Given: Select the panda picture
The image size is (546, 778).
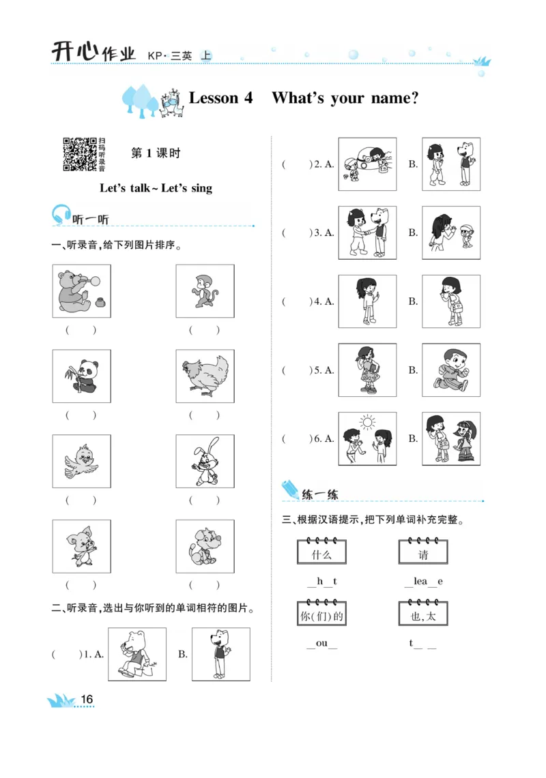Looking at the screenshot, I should pos(82,376).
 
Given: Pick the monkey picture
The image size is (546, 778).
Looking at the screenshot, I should pos(205,291).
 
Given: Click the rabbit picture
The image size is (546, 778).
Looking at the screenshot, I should pos(205,461).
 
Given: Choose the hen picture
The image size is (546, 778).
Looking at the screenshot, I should pos(205,376).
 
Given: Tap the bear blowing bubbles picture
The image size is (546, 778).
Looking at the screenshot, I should pos(82,291).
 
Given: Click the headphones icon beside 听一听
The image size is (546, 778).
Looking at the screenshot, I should pos(61,215).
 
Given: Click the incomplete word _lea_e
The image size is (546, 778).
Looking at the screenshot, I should pos(423,582).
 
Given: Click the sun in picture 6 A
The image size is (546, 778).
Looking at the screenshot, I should pos(368,423).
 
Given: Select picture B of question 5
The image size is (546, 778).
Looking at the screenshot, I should pos(450,370).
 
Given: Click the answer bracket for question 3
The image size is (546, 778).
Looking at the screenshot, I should pos(296,233).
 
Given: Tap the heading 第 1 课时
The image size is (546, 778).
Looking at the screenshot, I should pos(156,153).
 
